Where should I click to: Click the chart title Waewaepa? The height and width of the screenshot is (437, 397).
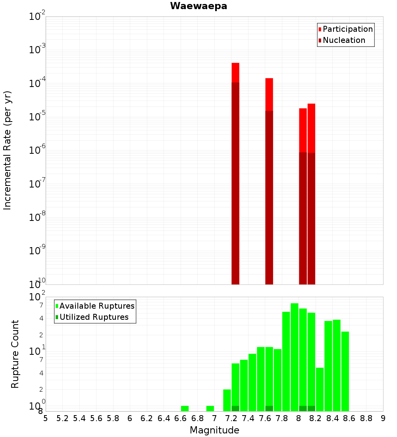click(198, 6)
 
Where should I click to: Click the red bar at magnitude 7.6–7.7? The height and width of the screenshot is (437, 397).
click(269, 179)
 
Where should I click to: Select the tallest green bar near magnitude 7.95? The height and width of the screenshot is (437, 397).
click(295, 358)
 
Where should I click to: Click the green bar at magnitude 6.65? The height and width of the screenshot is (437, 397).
click(185, 408)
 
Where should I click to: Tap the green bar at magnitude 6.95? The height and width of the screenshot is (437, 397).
click(210, 408)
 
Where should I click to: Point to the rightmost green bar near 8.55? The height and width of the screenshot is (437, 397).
click(345, 371)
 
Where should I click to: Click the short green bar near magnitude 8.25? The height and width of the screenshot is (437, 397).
click(320, 389)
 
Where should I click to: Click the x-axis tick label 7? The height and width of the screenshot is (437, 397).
click(214, 418)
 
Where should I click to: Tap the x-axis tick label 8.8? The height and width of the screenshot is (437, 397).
click(366, 418)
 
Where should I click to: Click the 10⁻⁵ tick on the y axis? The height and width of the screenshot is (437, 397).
click(37, 117)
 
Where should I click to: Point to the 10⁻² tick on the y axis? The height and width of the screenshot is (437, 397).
click(37, 17)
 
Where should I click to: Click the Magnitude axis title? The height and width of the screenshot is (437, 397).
click(214, 430)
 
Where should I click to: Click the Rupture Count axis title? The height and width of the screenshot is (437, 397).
click(15, 354)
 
